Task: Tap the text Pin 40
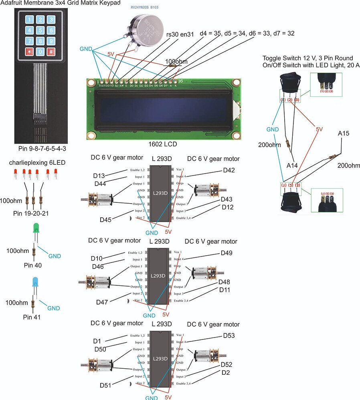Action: coord(33,265)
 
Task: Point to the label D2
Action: coord(226,372)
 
